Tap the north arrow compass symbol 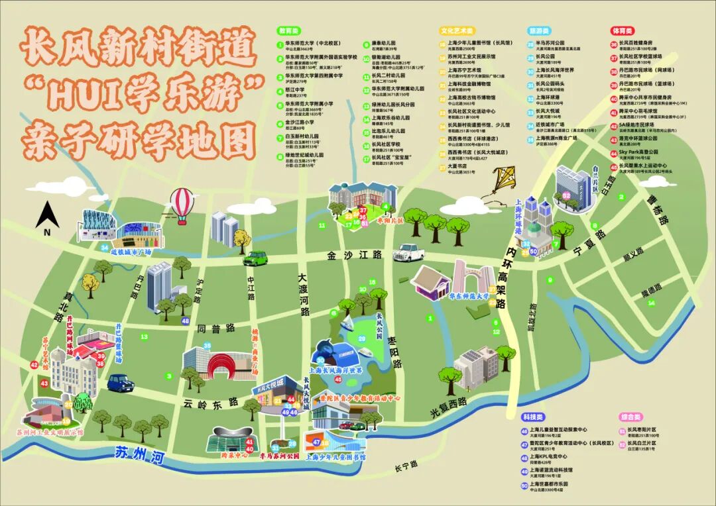[47, 217]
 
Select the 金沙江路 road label [355, 255]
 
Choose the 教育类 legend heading [290, 31]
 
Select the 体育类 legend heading [623, 31]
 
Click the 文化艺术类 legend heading [457, 31]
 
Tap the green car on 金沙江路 [255, 258]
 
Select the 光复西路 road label [448, 407]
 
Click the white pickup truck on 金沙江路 [408, 252]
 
